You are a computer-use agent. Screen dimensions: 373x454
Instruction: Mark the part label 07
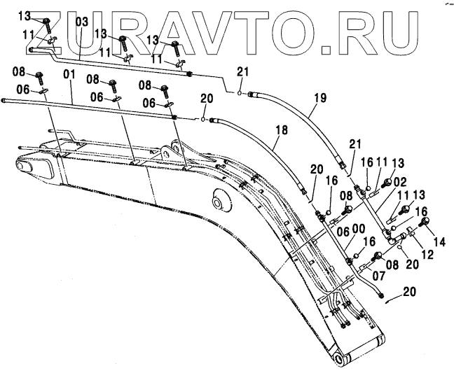tap(359, 276)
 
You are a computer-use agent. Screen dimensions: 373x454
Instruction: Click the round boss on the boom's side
tap(221, 204)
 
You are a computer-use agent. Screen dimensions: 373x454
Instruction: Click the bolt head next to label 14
tap(424, 223)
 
